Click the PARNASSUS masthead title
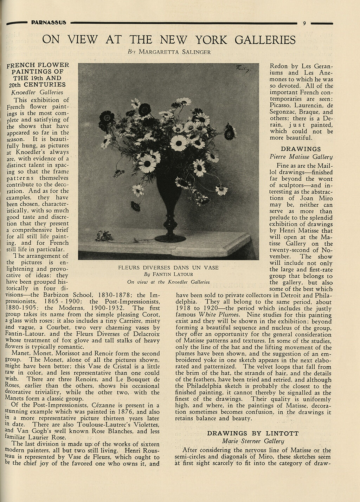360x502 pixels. click(x=49, y=22)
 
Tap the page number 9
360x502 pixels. click(x=304, y=23)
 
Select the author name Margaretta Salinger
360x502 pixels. click(x=175, y=52)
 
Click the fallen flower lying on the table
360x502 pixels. click(x=104, y=235)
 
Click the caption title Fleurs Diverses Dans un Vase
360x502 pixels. click(x=168, y=268)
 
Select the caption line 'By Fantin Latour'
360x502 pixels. click(x=168, y=274)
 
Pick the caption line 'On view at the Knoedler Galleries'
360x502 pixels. click(x=168, y=282)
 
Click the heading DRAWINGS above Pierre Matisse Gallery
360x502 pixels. click(x=301, y=149)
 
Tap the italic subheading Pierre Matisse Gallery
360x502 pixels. click(x=301, y=157)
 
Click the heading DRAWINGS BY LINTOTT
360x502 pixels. click(x=253, y=433)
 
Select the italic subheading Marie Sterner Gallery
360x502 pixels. click(x=253, y=441)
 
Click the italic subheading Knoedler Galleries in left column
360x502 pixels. click(x=37, y=92)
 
